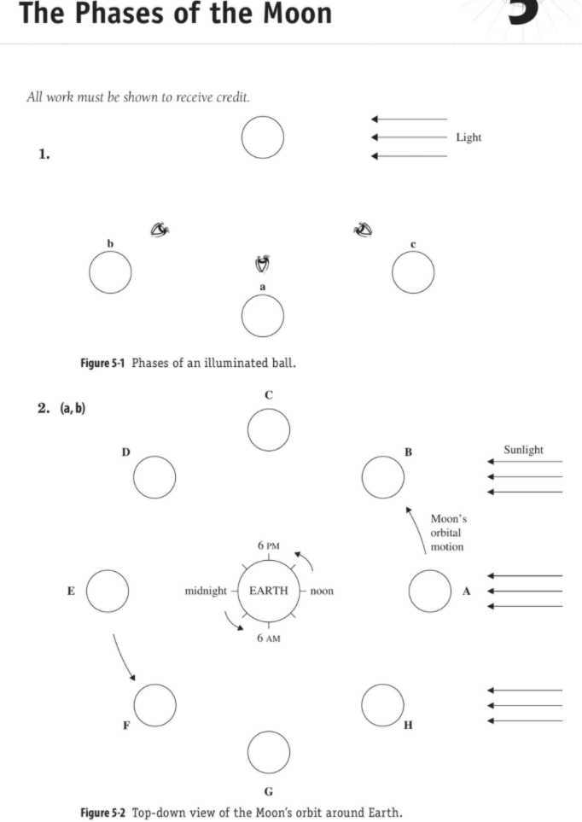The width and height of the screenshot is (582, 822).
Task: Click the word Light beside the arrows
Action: coord(469,137)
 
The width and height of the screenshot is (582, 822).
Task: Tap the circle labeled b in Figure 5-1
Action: coord(110,273)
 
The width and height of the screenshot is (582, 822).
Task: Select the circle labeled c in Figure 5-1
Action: coord(413,273)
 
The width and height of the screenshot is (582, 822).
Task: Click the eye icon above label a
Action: coord(263,264)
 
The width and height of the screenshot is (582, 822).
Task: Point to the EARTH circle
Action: coord(269,591)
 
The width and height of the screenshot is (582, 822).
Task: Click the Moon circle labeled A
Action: coord(429,591)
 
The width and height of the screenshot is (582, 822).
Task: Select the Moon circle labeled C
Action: coord(269,429)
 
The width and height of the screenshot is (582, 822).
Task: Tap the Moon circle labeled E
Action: coord(108,591)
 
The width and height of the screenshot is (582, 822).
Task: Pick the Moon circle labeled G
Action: coord(269,751)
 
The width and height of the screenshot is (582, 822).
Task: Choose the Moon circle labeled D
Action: coord(154,477)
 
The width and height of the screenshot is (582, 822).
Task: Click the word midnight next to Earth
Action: coord(206,591)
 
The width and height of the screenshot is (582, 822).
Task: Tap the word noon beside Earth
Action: coord(322,591)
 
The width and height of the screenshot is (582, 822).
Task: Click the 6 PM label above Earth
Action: coord(269,545)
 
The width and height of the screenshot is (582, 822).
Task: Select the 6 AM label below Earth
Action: coord(269,638)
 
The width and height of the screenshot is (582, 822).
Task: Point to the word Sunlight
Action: coord(523,450)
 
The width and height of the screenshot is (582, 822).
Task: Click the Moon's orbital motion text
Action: coord(448,533)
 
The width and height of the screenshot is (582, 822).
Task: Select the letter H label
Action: coord(408,726)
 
